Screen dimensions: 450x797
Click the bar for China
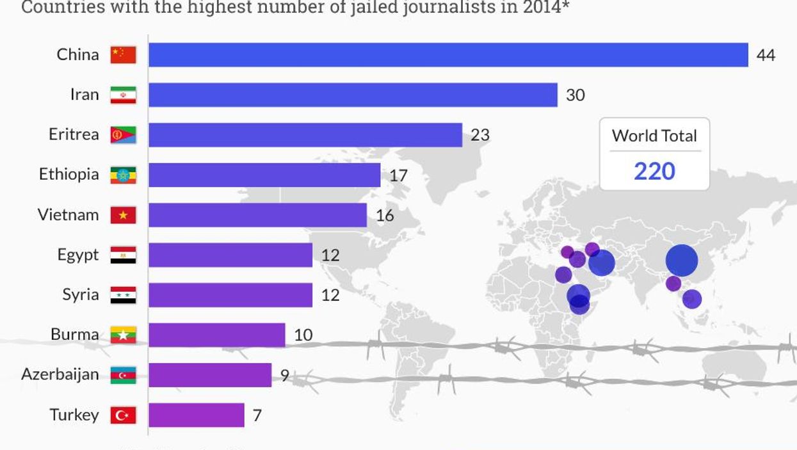pos(448,54)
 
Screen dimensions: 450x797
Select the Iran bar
pos(353,95)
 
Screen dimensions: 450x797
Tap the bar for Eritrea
pos(305,135)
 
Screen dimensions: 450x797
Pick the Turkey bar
pos(197,415)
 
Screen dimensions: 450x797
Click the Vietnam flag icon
pos(123,215)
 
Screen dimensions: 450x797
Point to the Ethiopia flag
pos(123,175)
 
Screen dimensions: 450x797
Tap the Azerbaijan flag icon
pos(123,375)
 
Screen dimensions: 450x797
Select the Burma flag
pos(123,335)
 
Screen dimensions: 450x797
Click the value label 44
pos(766,55)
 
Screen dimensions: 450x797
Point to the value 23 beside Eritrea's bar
pos(480,135)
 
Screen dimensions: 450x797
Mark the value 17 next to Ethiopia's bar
pos(398,175)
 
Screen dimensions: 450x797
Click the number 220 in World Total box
pos(654,171)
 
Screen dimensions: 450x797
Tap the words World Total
pos(654,136)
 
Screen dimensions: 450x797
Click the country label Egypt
pos(78,255)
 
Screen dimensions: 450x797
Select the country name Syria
pos(81,294)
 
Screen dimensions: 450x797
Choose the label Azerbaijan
pos(60,374)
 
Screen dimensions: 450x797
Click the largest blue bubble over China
pos(681,261)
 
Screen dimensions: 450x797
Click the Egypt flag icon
pos(123,255)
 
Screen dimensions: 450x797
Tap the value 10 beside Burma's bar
pos(303,335)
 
